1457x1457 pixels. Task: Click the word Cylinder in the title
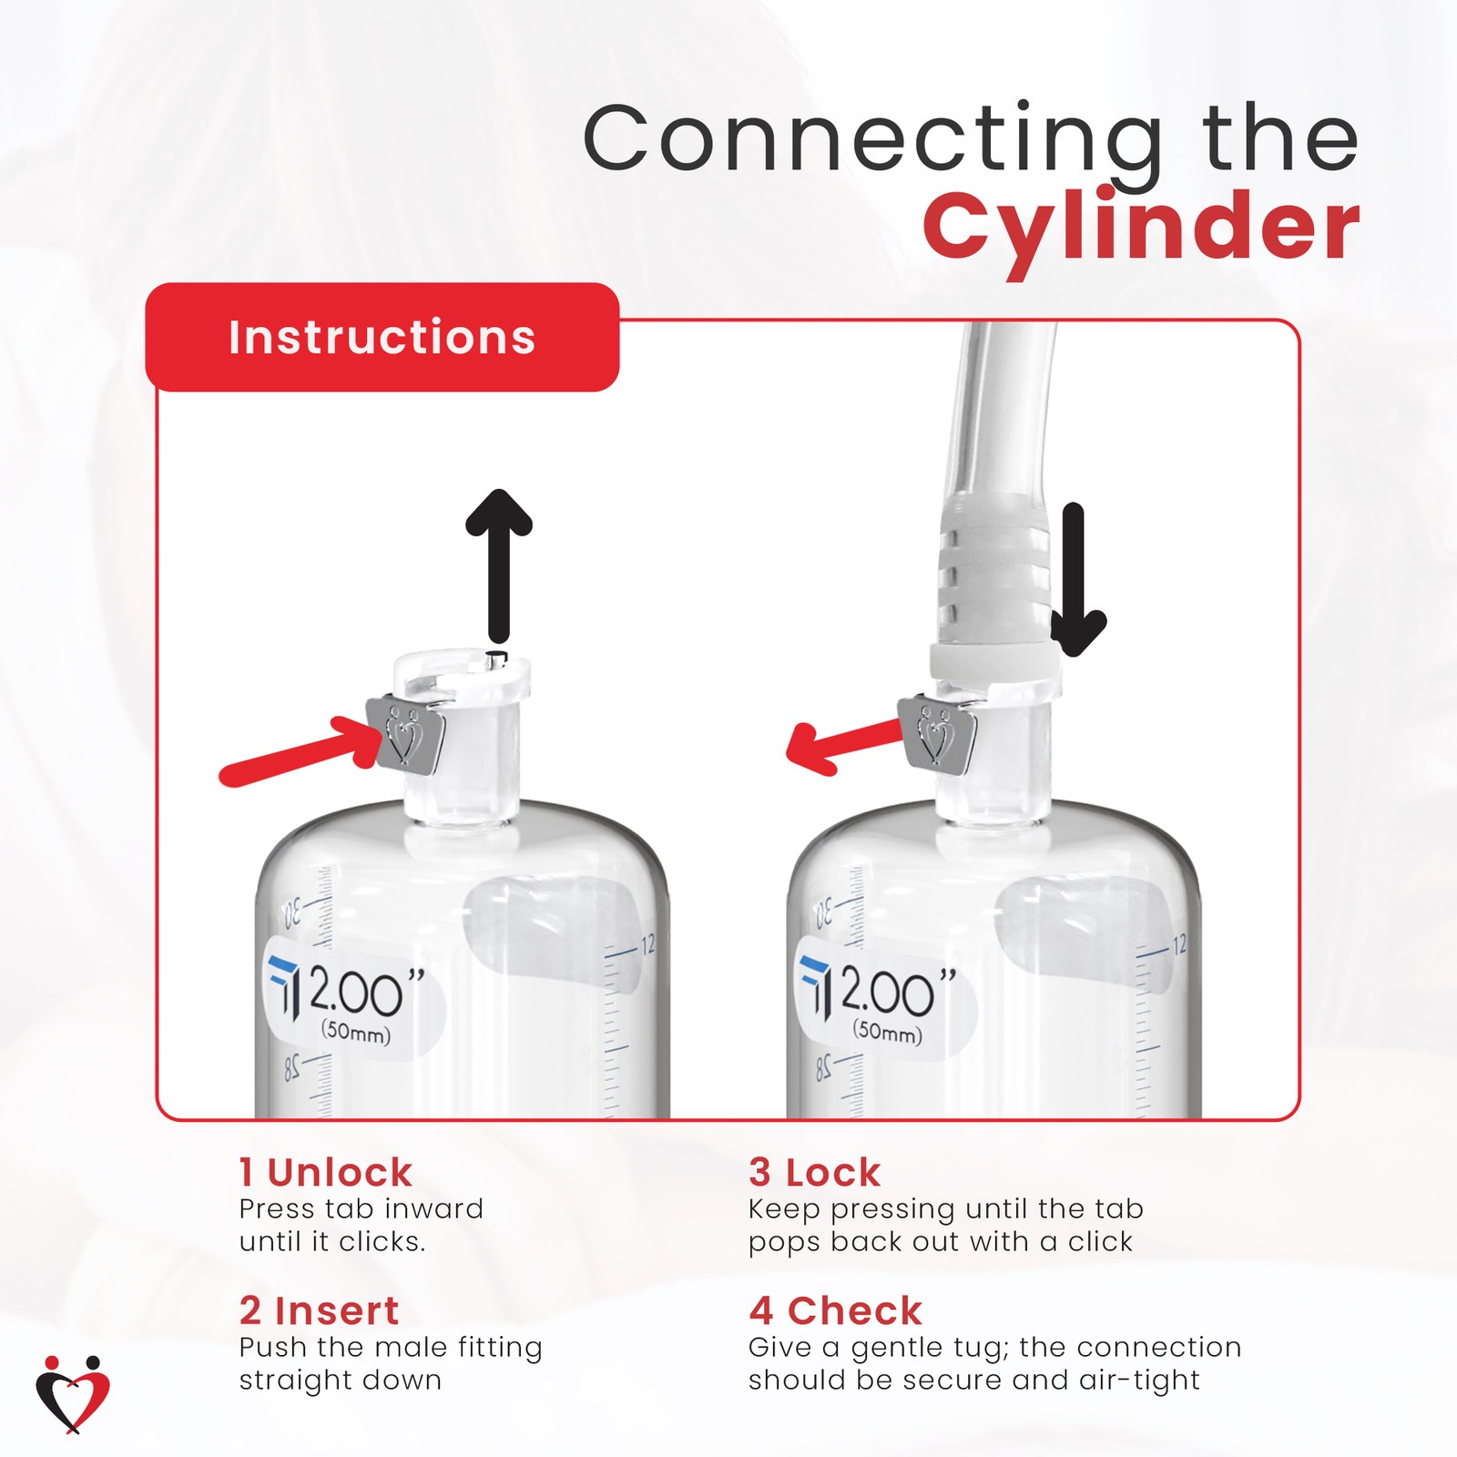(x=1140, y=228)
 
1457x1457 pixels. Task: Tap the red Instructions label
(x=382, y=337)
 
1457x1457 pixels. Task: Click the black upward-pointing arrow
(x=498, y=565)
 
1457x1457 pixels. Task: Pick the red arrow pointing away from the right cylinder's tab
(x=842, y=742)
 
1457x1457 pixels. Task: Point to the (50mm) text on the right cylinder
(x=887, y=1033)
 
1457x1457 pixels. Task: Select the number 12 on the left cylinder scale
(x=647, y=945)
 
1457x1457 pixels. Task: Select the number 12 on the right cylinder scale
(x=1178, y=944)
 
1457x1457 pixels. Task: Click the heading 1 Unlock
(x=325, y=1173)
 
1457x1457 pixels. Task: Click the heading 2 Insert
(x=319, y=1311)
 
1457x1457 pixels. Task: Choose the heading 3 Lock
(x=814, y=1173)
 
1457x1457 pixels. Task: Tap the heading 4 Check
(x=835, y=1311)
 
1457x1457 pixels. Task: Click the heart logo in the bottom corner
(x=73, y=1393)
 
